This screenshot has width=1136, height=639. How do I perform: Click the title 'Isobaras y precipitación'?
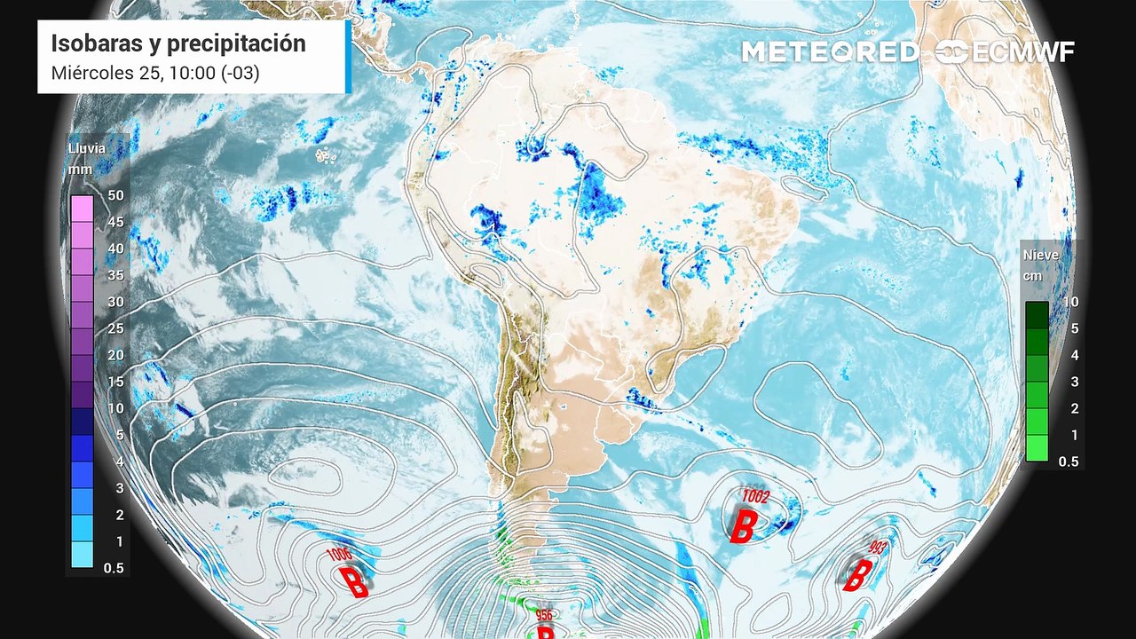coord(178,43)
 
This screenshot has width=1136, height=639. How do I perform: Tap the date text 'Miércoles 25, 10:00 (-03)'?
coord(155,73)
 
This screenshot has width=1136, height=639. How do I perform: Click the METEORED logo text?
coord(830,52)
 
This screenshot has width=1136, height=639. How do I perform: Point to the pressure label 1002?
coord(756,496)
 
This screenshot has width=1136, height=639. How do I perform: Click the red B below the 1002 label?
coord(743,525)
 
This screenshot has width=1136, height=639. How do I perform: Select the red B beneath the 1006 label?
coord(356,582)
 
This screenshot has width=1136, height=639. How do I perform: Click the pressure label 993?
coord(879,547)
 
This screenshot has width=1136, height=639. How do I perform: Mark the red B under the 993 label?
coord(856,575)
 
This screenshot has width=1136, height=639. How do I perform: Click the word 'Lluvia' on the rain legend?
coord(87,148)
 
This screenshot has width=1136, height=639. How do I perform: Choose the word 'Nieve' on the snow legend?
coord(1041,255)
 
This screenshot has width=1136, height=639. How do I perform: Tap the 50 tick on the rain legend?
coord(114,194)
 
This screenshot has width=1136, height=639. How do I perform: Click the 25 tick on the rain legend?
coord(114,328)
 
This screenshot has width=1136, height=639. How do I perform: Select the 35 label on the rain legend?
coord(114,275)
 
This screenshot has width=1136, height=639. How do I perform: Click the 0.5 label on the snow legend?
coord(1068,461)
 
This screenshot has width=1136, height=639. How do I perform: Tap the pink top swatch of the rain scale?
coord(82,209)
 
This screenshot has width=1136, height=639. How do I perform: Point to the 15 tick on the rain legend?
coord(114,382)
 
